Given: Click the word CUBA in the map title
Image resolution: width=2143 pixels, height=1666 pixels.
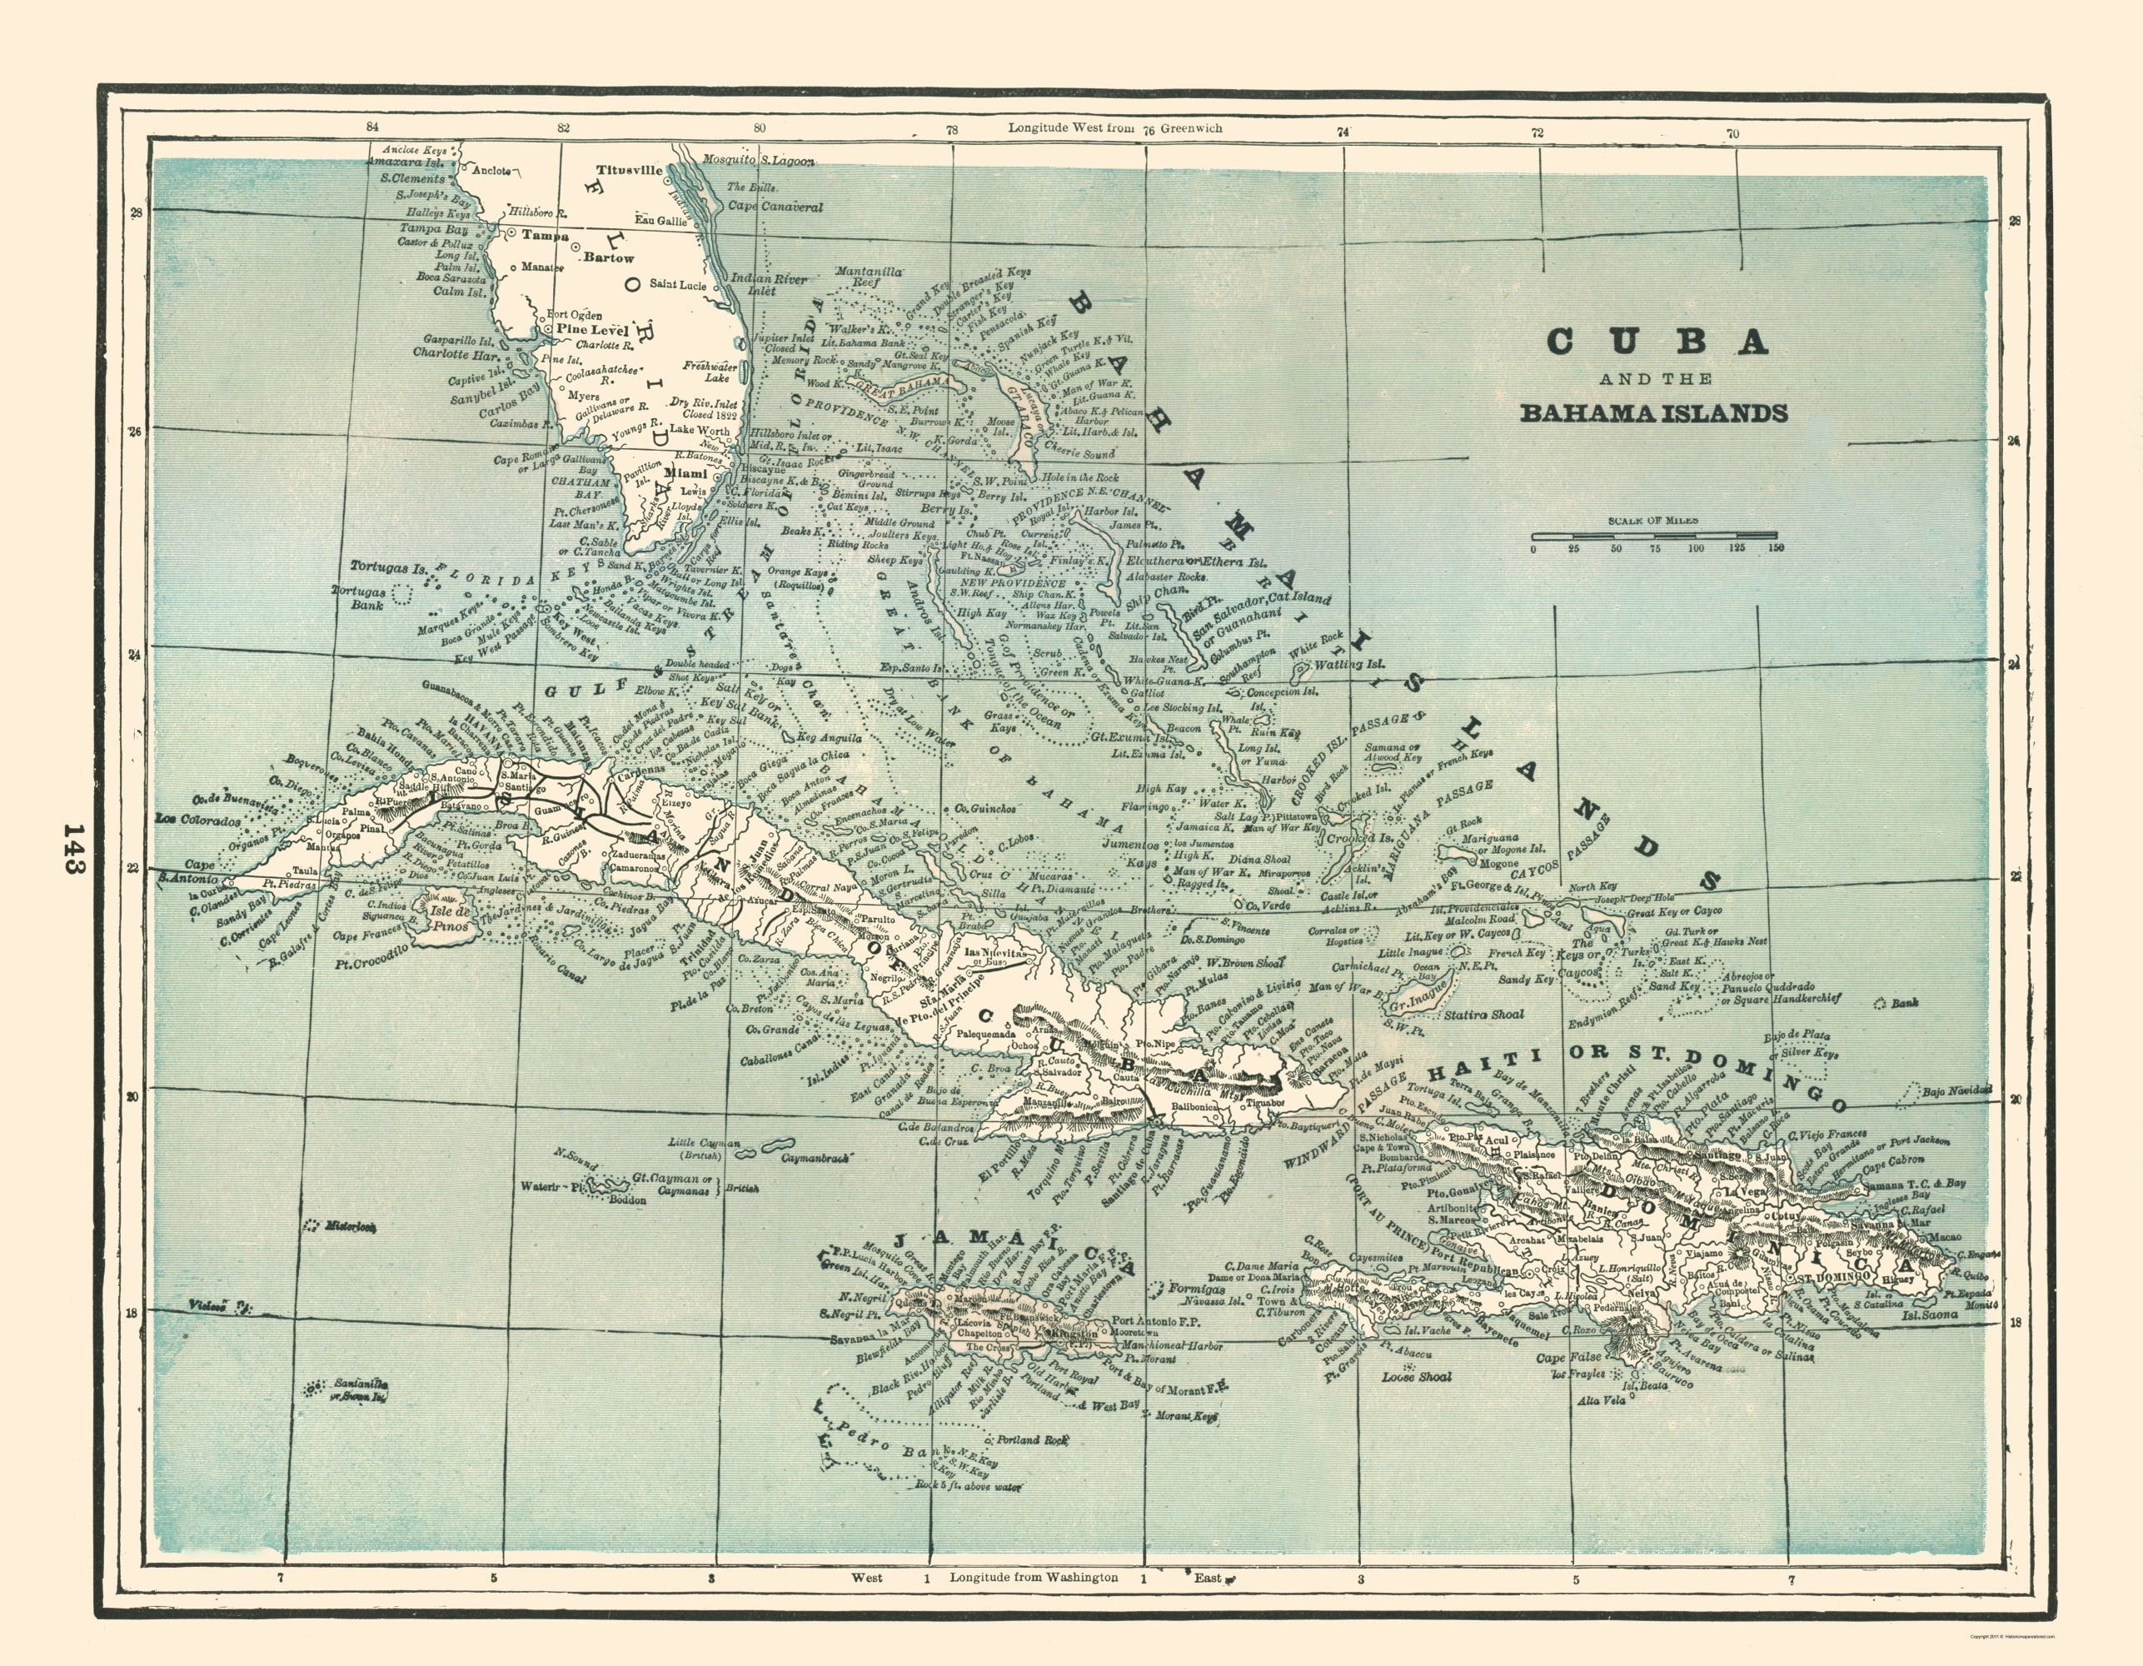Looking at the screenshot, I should click(1657, 341).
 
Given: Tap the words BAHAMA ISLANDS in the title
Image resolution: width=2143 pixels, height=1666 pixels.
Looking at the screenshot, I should click(1653, 413).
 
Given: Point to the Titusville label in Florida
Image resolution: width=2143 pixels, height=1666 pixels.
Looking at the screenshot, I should click(624, 169).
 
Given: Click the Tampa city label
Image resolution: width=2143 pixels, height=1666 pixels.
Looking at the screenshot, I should click(545, 236).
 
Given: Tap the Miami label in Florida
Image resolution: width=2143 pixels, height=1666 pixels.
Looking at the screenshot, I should click(686, 472).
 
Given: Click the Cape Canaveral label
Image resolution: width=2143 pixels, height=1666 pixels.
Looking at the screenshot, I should click(775, 207).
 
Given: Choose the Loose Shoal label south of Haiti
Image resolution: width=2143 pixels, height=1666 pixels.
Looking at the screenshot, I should click(1417, 1377).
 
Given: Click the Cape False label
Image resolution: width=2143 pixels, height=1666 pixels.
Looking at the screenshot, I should click(1568, 1358).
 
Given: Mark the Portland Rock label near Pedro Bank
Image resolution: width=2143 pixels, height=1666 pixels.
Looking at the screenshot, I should click(1031, 1440).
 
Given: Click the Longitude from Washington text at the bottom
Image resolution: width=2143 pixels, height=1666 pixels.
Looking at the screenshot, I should click(1034, 1578).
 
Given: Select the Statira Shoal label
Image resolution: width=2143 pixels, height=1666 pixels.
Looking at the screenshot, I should click(1481, 1015).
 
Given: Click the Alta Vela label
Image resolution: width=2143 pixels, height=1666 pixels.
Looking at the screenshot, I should click(1601, 1400).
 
